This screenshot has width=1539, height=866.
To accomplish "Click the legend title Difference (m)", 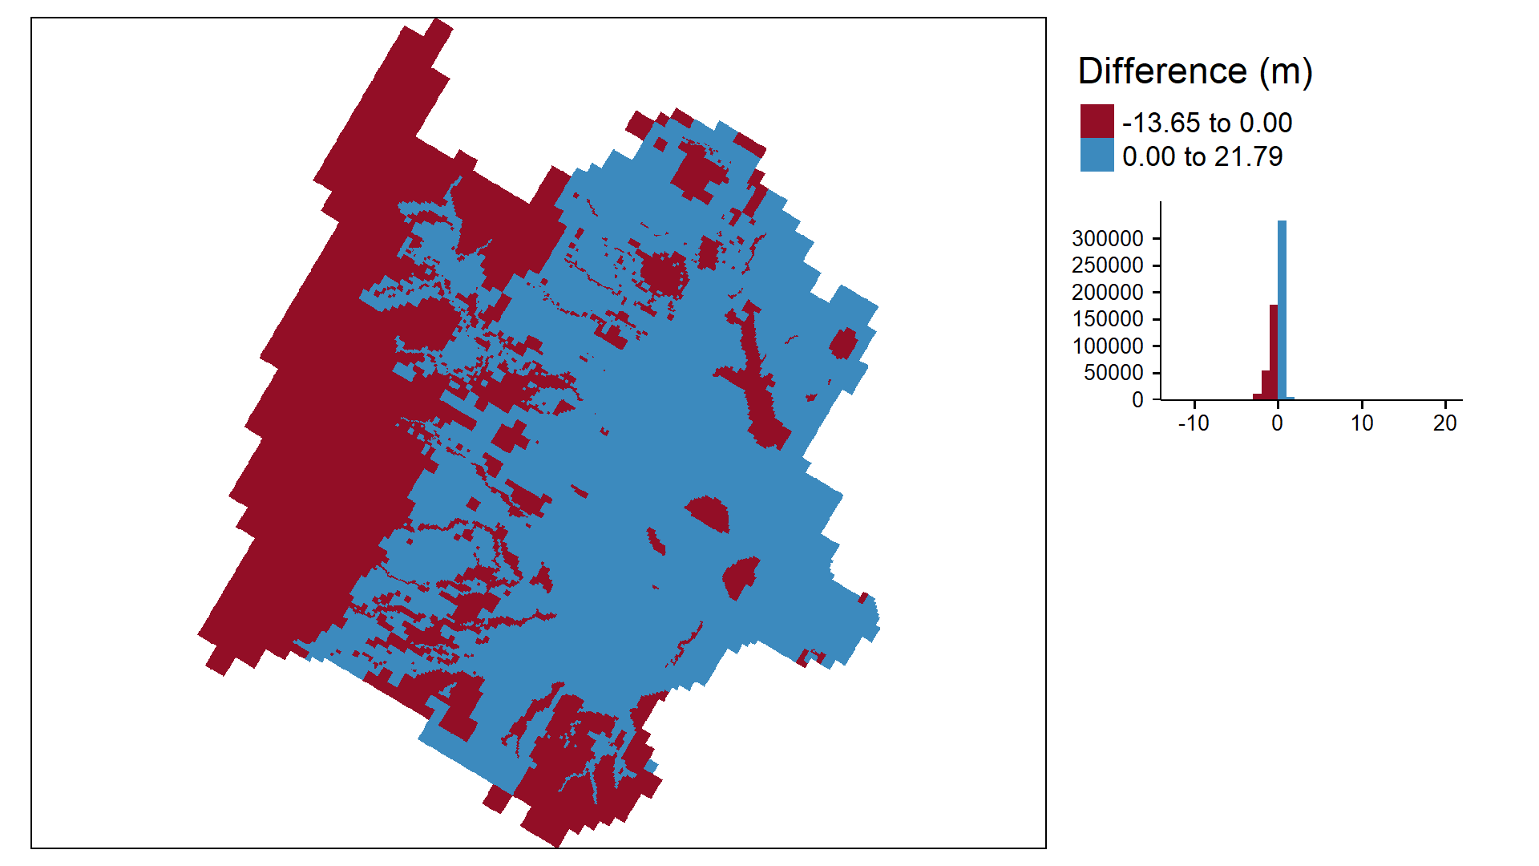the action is (1195, 71).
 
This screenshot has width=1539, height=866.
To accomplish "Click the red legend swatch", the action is (1097, 121).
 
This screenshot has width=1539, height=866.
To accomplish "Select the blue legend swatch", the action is (1097, 155).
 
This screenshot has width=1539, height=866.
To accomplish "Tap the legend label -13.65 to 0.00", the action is (1207, 123).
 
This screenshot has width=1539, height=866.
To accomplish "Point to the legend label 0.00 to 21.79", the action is (1202, 156).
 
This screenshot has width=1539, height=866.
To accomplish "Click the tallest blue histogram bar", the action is (1282, 310).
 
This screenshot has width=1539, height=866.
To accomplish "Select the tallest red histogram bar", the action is (1274, 352).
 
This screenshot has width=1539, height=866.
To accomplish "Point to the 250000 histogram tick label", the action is (1107, 265).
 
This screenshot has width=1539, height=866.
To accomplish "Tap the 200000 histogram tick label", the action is (1107, 292).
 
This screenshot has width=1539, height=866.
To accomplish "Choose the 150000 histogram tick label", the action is (1107, 319).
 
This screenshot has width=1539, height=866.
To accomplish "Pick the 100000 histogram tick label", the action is (1107, 346).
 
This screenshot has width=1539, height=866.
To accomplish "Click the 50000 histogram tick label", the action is (1113, 373).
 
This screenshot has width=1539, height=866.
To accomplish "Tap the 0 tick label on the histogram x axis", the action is (1278, 423).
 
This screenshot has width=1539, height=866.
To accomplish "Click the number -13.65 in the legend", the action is (1161, 123).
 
